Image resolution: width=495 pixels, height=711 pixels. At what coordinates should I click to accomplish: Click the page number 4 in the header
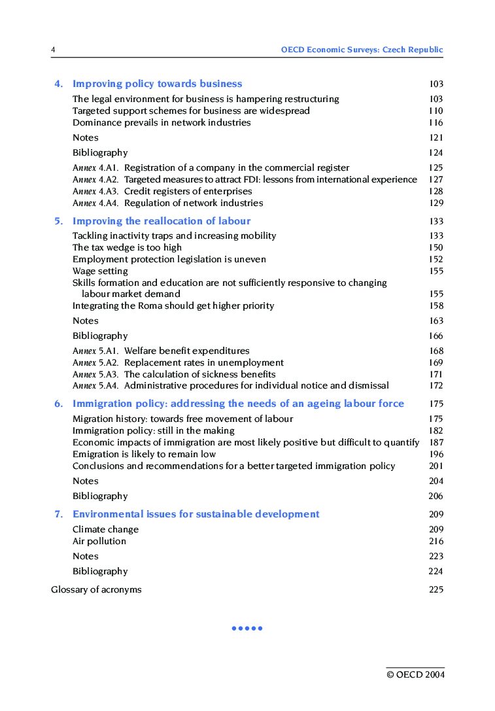point(53,50)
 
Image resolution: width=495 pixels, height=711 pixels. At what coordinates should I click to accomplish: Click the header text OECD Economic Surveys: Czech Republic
point(362,50)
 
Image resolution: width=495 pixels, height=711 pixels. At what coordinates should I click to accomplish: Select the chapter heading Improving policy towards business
point(157,84)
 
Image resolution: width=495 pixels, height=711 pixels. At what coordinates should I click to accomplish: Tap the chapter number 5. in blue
point(59,221)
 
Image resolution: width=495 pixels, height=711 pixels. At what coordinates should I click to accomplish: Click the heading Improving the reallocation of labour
point(162,221)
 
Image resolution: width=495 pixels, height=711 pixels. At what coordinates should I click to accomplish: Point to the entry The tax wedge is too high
point(127,247)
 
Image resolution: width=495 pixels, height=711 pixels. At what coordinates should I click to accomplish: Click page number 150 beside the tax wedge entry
point(435,247)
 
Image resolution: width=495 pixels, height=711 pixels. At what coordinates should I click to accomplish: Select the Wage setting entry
point(100,271)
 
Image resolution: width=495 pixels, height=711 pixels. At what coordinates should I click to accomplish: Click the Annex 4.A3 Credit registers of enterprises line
point(162,191)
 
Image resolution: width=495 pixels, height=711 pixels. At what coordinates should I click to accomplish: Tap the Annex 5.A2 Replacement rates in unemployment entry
point(178,362)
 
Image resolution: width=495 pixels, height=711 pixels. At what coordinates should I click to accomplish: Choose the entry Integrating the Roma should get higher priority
point(173,305)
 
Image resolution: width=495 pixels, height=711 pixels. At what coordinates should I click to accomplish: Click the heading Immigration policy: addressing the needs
point(238,404)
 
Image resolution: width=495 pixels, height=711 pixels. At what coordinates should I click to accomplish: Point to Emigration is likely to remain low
point(144,454)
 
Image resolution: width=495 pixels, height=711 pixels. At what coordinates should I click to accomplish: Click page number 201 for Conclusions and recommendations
point(435,466)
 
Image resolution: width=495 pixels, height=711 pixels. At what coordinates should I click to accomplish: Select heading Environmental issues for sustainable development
point(196,514)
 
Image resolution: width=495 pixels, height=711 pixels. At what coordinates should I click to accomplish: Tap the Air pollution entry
point(99,541)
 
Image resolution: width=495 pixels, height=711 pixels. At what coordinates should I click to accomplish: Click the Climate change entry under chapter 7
point(105,529)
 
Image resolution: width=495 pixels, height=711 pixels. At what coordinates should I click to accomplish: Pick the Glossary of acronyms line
point(96,589)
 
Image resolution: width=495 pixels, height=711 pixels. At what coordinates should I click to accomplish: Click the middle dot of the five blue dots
point(247,629)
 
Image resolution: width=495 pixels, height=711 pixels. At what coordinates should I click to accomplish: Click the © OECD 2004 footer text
point(415,674)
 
